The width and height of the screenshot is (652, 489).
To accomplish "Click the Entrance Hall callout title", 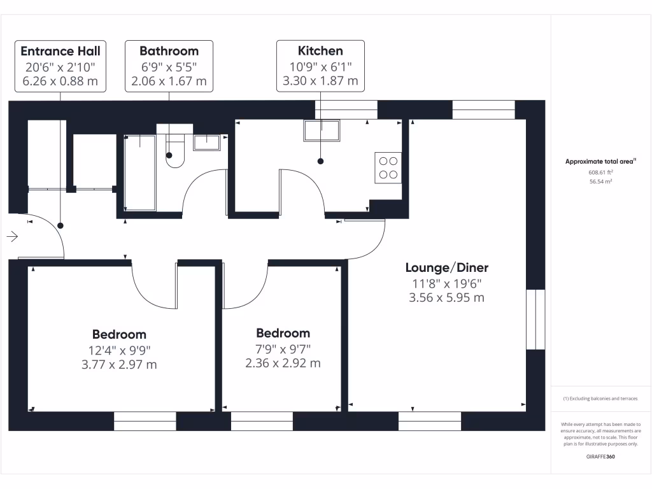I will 60,51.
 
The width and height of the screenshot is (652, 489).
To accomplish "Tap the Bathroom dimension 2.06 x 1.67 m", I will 169,81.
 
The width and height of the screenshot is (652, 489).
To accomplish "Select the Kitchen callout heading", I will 320,51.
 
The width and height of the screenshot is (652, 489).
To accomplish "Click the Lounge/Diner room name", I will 447,268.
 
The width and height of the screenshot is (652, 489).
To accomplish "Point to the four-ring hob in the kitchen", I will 388,167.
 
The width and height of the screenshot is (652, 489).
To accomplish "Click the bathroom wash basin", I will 207,142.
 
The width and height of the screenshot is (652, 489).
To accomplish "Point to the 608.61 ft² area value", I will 600,172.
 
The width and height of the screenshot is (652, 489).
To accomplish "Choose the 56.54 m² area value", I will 600,181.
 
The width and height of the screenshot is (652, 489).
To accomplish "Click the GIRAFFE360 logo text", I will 600,457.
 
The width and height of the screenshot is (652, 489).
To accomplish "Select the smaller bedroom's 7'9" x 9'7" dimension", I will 283,349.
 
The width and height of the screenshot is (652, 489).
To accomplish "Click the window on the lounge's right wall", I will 536,319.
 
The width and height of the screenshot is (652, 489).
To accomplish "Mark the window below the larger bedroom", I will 145,421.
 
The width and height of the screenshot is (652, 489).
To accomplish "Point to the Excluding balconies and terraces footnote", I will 600,399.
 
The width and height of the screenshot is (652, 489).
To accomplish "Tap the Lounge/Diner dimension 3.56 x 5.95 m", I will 447,297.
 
